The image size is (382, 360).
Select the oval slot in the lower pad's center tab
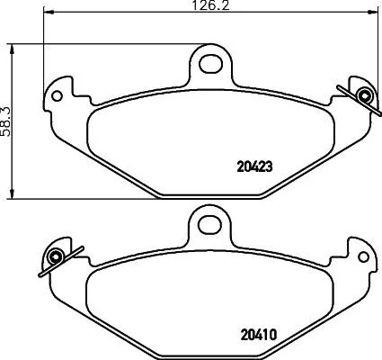click(x=209, y=221)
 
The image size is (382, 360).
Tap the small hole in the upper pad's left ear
click(x=58, y=93)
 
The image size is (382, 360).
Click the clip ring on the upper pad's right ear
click(x=363, y=95)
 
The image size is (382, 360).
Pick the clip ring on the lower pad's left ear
click(x=55, y=258)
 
